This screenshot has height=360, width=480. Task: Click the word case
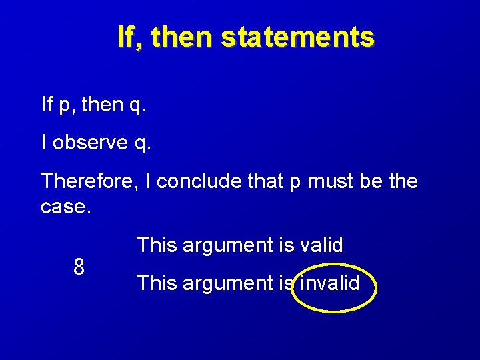click(65, 207)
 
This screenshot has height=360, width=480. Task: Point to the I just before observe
click(44, 143)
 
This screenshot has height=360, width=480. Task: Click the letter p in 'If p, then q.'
click(64, 106)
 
